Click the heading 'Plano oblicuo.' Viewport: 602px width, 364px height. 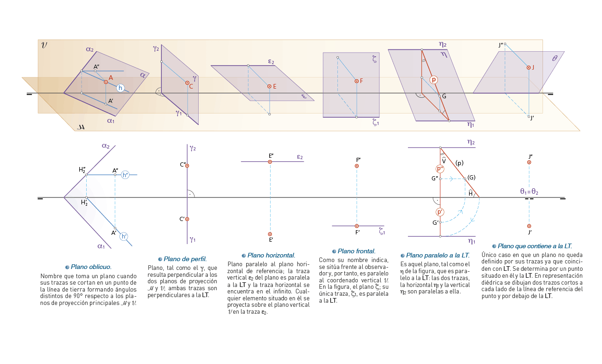(91, 267)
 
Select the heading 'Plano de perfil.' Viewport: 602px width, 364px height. (185, 259)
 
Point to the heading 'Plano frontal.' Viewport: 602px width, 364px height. (356, 251)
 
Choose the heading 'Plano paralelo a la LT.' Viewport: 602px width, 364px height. (437, 255)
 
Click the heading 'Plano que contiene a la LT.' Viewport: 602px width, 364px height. (535, 246)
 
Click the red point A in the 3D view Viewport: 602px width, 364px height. (106, 82)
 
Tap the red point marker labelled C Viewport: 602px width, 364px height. (187, 83)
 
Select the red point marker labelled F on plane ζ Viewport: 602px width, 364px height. (356, 81)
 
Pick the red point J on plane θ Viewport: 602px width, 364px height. (529, 67)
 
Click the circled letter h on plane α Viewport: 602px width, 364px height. (120, 88)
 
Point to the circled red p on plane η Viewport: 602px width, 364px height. (434, 80)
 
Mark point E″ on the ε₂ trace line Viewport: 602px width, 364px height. (270, 161)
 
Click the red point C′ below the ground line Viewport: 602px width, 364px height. (187, 219)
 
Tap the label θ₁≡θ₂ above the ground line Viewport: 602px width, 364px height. (529, 191)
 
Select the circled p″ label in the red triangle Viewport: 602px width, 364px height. (440, 169)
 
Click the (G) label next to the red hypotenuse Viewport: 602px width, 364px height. (471, 178)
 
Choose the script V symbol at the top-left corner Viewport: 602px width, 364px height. (44, 45)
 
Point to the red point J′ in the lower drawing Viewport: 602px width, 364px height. (529, 226)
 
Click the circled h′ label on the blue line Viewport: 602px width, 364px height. (124, 237)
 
